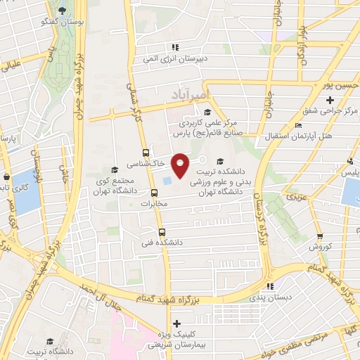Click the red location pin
(181, 165)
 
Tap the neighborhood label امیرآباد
(191, 94)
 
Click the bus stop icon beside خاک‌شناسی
(146, 152)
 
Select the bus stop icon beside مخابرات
(154, 193)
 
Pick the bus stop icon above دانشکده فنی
(162, 231)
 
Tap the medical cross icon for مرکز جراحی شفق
(330, 100)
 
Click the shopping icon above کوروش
(320, 236)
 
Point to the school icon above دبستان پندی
(271, 286)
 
